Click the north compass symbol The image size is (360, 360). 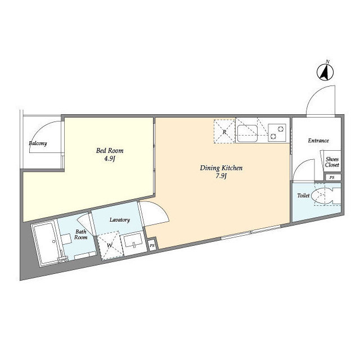coord(325,71)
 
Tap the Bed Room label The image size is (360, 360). coord(110,151)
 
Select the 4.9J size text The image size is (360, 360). coord(110,159)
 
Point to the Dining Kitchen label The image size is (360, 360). coord(221,168)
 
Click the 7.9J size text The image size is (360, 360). coord(221,176)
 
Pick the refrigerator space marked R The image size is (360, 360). coord(224,131)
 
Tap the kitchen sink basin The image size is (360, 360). coord(247,133)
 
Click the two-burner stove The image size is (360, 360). coord(277,133)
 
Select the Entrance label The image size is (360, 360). coord(318,141)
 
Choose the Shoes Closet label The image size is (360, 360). coord(332,162)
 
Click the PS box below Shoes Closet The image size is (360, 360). coord(332,177)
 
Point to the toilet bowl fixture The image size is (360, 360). coord(326,196)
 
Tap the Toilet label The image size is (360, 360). coord(303,196)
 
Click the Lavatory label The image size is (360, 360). coord(120,220)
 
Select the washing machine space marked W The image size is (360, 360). coord(110,245)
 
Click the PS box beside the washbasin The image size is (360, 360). coord(152,245)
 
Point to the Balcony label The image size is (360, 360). coord(38,143)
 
